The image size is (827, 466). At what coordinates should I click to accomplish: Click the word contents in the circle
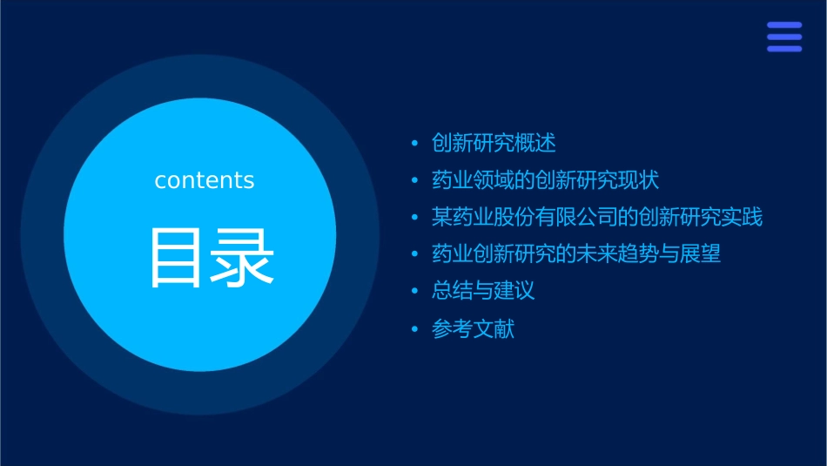pos(205,180)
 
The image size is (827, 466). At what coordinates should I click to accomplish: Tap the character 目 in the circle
pos(177,258)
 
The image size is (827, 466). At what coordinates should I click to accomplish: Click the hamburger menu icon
pos(784,37)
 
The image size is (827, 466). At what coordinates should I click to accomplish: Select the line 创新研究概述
pos(494,143)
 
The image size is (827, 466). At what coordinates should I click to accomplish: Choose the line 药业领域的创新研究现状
pos(545,180)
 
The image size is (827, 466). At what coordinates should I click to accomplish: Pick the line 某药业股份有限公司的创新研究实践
pos(597,217)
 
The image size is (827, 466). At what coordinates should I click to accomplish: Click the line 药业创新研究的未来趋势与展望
pos(576,254)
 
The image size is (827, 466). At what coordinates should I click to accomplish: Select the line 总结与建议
pos(483,291)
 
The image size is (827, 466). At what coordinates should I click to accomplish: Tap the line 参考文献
pos(473,329)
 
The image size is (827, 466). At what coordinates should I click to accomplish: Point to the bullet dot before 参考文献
pos(414,330)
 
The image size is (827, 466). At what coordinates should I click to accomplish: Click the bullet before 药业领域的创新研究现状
pos(414,181)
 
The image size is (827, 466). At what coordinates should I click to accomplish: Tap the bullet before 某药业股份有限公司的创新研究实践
pos(414,218)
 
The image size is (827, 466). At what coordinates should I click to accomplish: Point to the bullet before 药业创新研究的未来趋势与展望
pos(414,255)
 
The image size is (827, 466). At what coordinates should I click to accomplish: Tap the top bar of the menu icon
pos(784,26)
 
